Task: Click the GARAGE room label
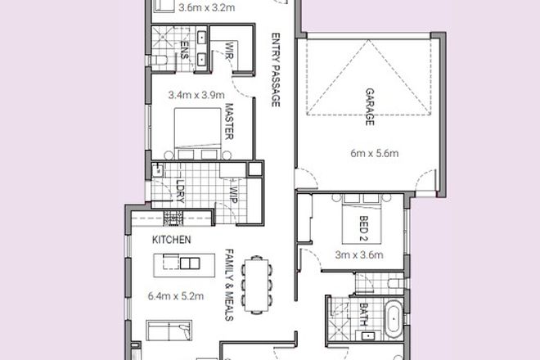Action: coord(370,107)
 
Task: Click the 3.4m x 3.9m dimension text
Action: coord(199,95)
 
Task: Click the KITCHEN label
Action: coord(172,241)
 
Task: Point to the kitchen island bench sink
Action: coord(190,263)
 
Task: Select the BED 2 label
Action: coord(364,227)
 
